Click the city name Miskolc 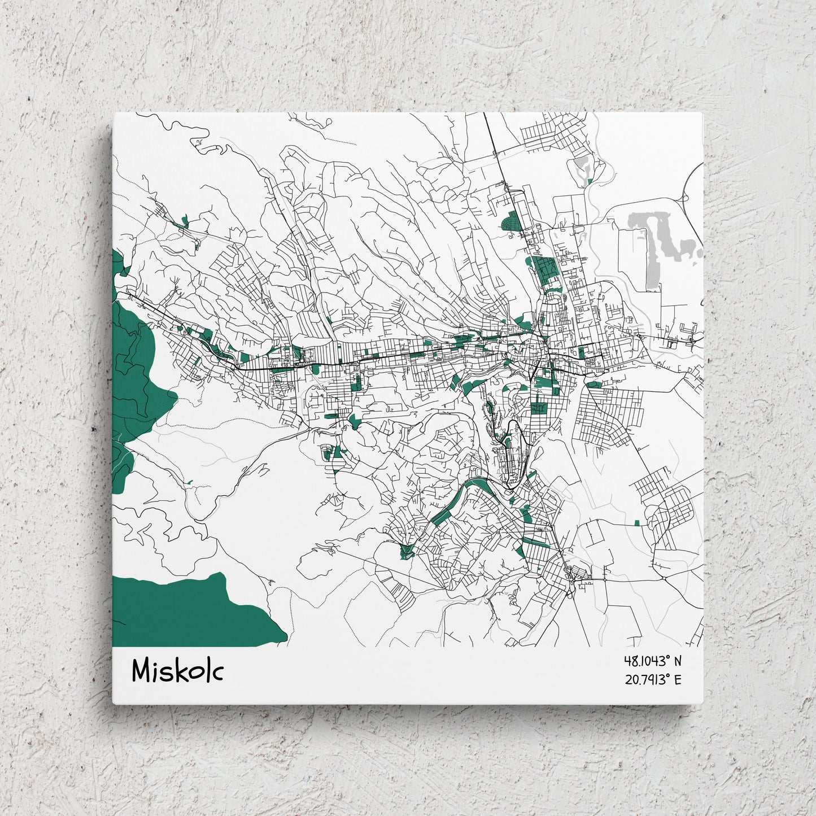tap(177, 671)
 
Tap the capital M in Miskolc tap(142, 671)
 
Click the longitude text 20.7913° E tap(652, 679)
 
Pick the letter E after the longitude tap(678, 679)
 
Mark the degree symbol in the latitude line tap(667, 658)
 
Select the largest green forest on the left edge tap(138, 367)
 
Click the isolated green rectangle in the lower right tap(637, 523)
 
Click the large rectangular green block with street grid tap(546, 269)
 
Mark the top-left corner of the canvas tap(114, 113)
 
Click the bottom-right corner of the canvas tap(703, 704)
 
